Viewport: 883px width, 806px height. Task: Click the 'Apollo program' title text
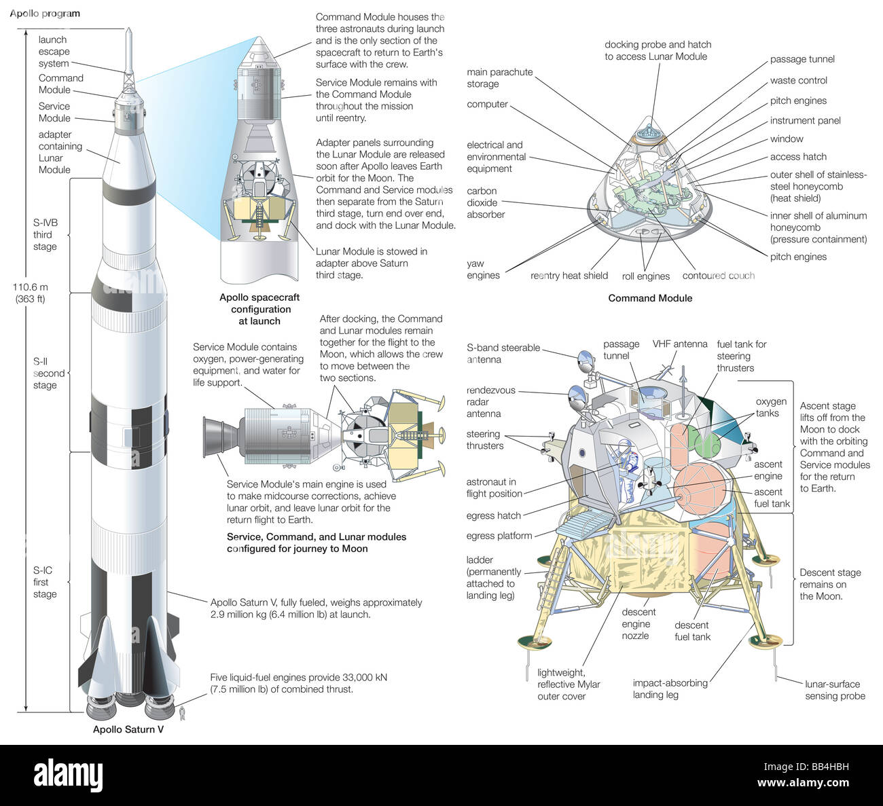pyautogui.click(x=45, y=14)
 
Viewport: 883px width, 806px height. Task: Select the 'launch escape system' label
pyautogui.click(x=54, y=52)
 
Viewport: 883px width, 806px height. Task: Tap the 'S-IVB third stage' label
pyautogui.click(x=45, y=234)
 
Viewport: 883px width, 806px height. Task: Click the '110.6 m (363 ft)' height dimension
pyautogui.click(x=30, y=293)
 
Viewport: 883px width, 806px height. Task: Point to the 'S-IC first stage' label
pyautogui.click(x=45, y=582)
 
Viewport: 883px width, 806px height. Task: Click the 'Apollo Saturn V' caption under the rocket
pyautogui.click(x=128, y=729)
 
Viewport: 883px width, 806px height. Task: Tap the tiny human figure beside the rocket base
pyautogui.click(x=181, y=712)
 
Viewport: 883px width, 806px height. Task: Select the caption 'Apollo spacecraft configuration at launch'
pyautogui.click(x=259, y=309)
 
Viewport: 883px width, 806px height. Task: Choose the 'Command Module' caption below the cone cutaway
pyautogui.click(x=650, y=297)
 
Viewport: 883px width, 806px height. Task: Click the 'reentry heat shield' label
pyautogui.click(x=569, y=276)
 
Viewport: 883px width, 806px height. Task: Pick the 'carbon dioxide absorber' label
pyautogui.click(x=486, y=202)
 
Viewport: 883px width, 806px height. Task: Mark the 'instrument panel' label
pyautogui.click(x=805, y=120)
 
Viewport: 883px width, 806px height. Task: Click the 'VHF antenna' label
pyautogui.click(x=680, y=344)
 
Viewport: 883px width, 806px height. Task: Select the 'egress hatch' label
pyautogui.click(x=494, y=515)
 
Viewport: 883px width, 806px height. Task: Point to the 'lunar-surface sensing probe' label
pyautogui.click(x=835, y=690)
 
